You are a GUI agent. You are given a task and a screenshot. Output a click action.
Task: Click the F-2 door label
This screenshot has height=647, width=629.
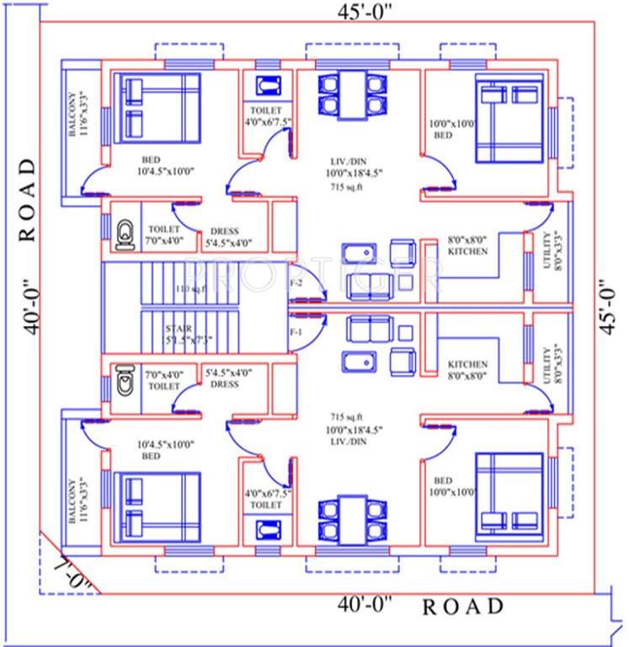296,283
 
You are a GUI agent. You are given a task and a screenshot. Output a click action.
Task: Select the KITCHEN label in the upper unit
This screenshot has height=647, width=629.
467,251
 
